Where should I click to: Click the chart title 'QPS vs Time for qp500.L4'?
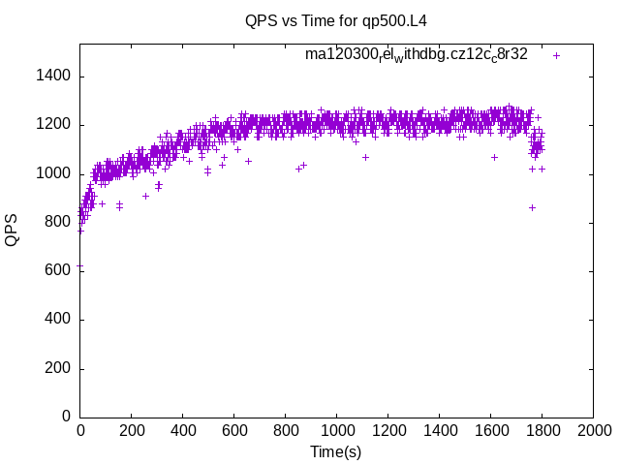[x=336, y=20]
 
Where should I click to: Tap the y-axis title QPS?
[x=12, y=230]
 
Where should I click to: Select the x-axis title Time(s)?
[x=336, y=451]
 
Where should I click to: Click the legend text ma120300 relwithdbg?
[x=417, y=54]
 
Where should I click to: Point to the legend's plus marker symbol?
[x=557, y=55]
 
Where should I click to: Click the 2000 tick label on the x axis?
[x=593, y=430]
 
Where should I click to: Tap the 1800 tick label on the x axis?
[x=542, y=430]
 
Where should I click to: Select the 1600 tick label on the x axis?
[x=490, y=430]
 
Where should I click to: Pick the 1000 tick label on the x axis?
[x=336, y=430]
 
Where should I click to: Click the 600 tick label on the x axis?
[x=233, y=430]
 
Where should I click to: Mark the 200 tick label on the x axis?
[x=131, y=430]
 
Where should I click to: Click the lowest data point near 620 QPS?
[x=80, y=266]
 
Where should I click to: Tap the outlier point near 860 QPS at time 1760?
[x=532, y=207]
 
